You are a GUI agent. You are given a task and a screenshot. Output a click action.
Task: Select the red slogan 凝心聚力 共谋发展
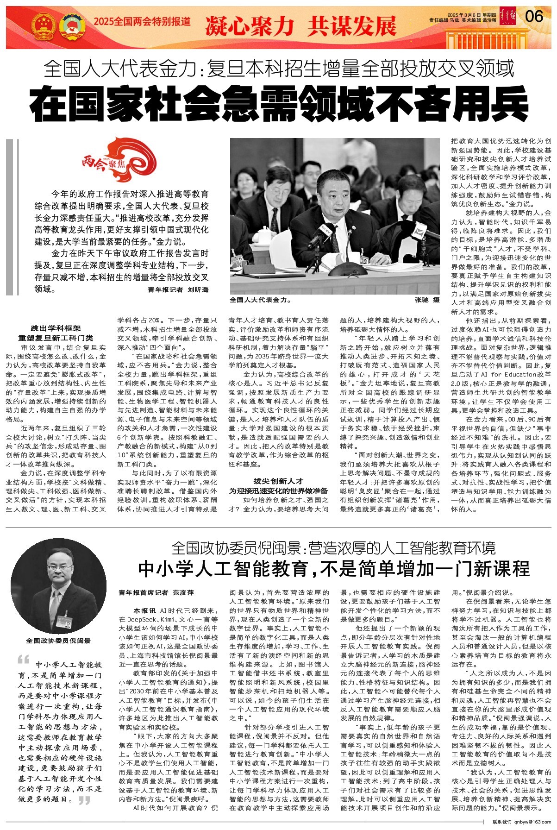point(300,26)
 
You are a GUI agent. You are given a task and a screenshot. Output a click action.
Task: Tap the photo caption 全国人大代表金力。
point(260,300)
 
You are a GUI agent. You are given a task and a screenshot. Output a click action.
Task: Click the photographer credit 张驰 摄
point(427,300)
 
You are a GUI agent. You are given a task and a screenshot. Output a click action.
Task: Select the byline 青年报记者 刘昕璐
point(178,289)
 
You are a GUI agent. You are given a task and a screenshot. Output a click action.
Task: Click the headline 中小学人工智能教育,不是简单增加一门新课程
point(333,569)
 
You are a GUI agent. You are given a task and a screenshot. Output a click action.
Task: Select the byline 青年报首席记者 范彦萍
point(156,592)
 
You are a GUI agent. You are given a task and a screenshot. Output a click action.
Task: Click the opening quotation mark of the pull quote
point(23,660)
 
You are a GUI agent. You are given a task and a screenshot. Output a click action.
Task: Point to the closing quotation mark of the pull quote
point(84,800)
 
